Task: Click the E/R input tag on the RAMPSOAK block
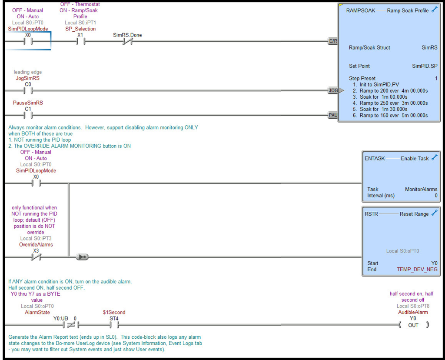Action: [333, 41]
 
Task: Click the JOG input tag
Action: [333, 90]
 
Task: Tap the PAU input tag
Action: [333, 115]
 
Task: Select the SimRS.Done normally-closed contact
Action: [127, 42]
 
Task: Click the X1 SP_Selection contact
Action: [80, 42]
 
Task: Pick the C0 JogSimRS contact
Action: [28, 91]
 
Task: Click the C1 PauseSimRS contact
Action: [28, 115]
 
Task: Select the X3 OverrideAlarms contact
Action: [36, 257]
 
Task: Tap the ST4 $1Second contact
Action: [114, 325]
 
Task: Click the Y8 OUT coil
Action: [413, 325]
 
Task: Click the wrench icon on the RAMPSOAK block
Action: [434, 10]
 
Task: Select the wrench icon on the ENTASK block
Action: [434, 158]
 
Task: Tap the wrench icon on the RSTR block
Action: [434, 213]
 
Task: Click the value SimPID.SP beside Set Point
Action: [425, 66]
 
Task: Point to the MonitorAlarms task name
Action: [421, 189]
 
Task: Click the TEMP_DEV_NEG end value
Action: [417, 269]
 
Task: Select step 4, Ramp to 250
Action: [390, 103]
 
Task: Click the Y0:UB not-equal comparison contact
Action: [70, 325]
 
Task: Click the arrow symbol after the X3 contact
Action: [82, 257]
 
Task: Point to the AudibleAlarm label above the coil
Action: [413, 312]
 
